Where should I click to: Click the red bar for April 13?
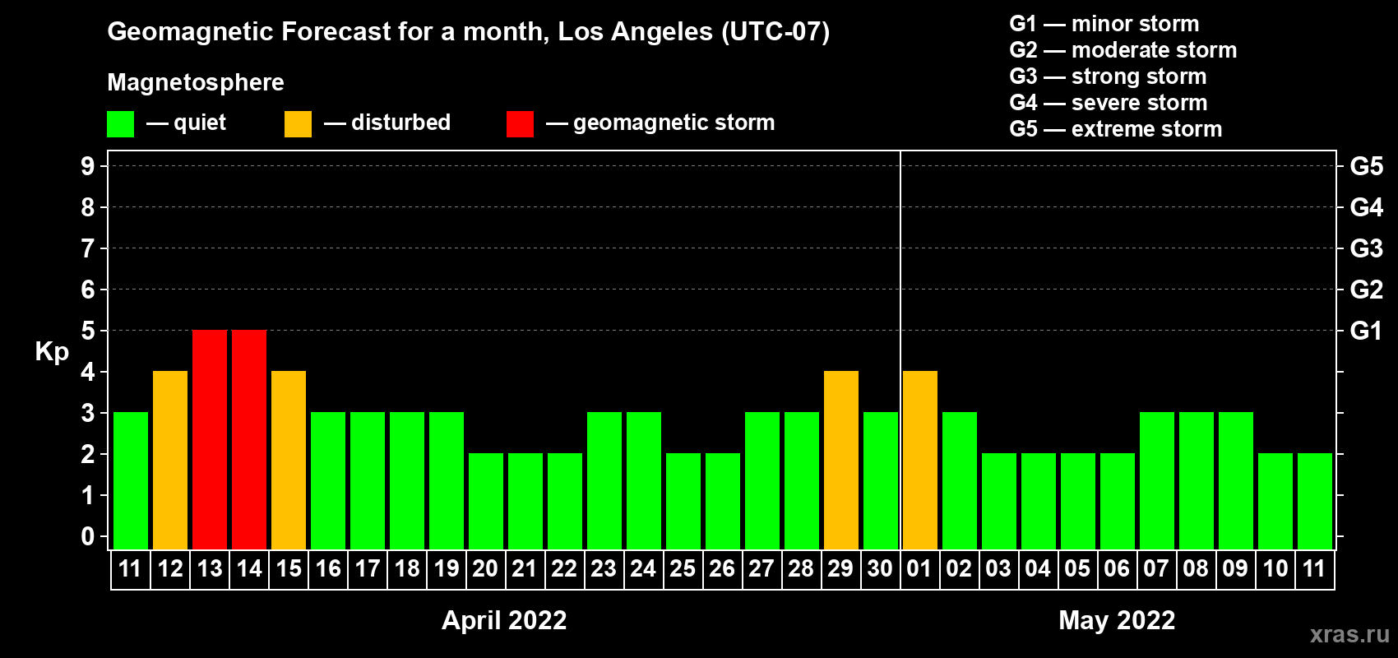pos(210,439)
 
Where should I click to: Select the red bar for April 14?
pos(249,439)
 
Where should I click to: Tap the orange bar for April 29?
pos(841,460)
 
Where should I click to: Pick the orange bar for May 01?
pos(920,460)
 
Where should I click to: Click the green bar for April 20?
pos(485,501)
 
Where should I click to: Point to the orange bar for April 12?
pos(169,460)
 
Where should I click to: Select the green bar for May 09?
pos(1236,480)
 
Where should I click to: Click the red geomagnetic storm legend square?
pos(520,123)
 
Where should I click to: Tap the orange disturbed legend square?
pos(298,123)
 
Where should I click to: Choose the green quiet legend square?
pos(120,123)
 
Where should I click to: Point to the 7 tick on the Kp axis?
pos(87,248)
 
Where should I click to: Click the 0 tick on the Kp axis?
pos(87,536)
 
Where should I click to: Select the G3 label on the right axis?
pos(1367,248)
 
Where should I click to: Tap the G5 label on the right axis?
pos(1367,166)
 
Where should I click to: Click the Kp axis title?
pos(52,352)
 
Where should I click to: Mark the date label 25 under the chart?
pos(683,568)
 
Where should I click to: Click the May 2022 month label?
pos(1117,620)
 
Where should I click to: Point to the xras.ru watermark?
pos(1349,634)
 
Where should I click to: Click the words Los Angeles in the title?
pos(636,32)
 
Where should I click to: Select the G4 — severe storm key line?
pos(1108,102)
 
